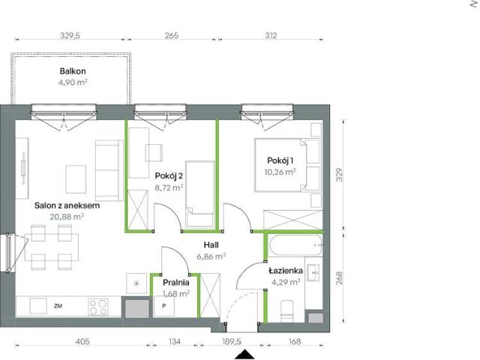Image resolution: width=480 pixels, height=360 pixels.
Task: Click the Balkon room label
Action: (73, 71)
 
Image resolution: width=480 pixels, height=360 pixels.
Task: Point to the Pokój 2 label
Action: (169, 175)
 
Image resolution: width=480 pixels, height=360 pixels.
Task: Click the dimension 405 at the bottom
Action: (82, 342)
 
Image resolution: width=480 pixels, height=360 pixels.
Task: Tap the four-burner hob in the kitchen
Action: (98, 306)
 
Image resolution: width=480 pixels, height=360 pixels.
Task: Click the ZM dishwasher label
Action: (58, 306)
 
